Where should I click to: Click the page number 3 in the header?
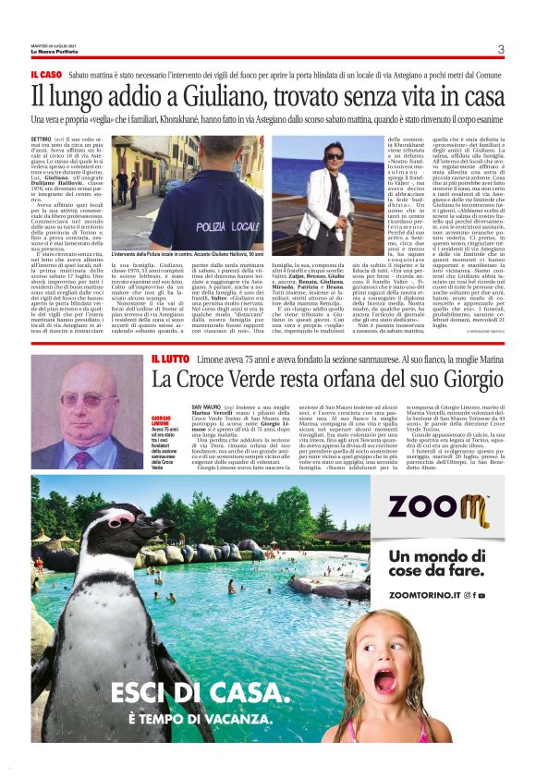click(x=500, y=49)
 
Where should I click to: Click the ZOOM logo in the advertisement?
click(x=437, y=507)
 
